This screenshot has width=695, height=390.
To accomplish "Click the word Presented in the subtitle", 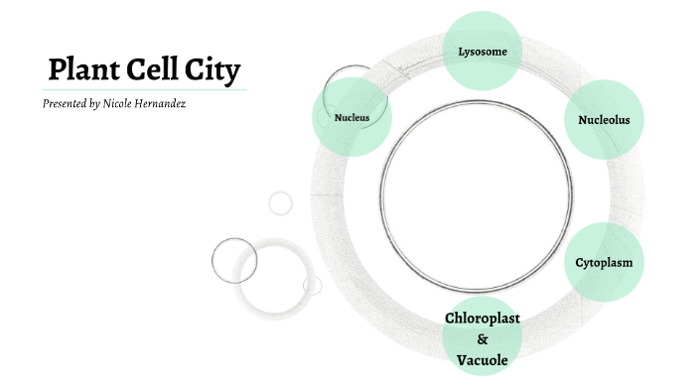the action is coord(65,103).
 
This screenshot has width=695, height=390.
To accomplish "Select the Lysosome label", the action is coord(484,50).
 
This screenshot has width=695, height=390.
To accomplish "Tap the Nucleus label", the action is coord(351,118).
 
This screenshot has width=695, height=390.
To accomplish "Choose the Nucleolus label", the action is coord(604,120).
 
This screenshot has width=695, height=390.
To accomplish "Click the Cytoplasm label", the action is coord(604,263).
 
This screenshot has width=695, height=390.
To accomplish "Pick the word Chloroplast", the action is coord(483,318).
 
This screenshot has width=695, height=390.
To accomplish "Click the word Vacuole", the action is coord(483,359).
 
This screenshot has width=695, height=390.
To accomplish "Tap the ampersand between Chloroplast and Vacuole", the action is coord(483,338).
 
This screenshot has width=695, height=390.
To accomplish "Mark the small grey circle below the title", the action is coord(281,202).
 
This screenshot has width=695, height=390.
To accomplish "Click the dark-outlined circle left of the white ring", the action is coord(234,260).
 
